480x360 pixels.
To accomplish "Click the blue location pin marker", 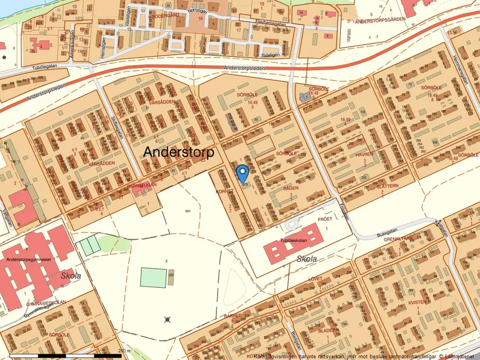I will point(242,173).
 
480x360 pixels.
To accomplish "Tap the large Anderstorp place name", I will point(179,152).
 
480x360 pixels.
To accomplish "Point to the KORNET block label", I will point(225,191).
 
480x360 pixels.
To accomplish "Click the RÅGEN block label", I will point(291,188).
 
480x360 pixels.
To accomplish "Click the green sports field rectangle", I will point(152,277).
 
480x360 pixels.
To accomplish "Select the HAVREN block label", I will point(365,155).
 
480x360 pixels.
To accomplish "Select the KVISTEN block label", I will point(417,302).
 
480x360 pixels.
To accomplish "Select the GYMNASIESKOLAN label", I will point(47,304).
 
